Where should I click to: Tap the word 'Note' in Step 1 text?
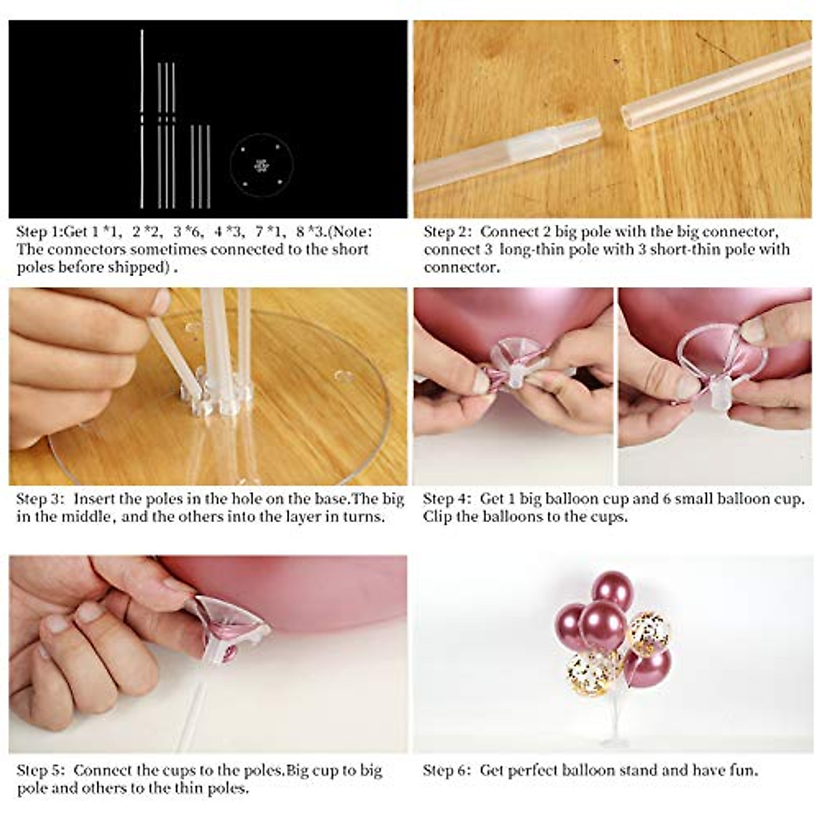coord(350,232)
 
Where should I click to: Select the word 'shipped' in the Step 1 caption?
coord(137,267)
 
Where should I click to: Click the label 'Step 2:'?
coord(448,232)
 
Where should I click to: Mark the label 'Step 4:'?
coord(447,499)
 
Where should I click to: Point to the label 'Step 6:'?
coord(447,771)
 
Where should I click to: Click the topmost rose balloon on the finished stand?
coord(612,589)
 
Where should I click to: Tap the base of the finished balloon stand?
coord(615,741)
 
